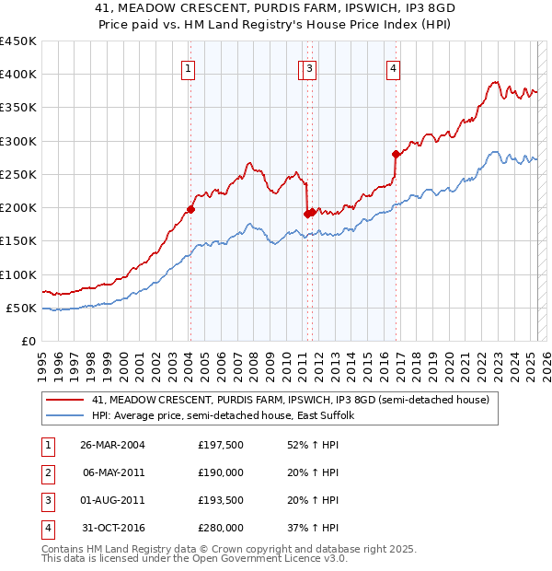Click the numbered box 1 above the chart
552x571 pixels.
pyautogui.click(x=188, y=67)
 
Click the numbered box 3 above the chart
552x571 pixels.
pyautogui.click(x=310, y=67)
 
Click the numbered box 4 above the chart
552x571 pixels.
pyautogui.click(x=393, y=67)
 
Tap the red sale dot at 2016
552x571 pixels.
pyautogui.click(x=395, y=154)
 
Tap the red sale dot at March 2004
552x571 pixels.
pyautogui.click(x=190, y=209)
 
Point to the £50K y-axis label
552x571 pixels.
pyautogui.click(x=22, y=308)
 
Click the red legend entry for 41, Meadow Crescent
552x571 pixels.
pyautogui.click(x=295, y=400)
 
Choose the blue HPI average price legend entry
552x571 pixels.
pyautogui.click(x=229, y=415)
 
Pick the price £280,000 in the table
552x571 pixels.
pyautogui.click(x=221, y=529)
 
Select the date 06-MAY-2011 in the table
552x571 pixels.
pyautogui.click(x=112, y=473)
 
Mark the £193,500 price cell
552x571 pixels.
pyautogui.click(x=221, y=501)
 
